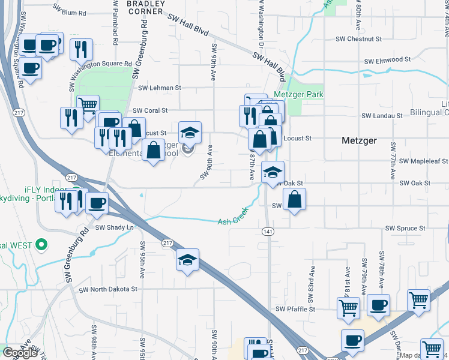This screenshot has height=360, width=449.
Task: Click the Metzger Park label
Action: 298,94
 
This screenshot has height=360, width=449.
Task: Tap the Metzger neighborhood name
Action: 359,140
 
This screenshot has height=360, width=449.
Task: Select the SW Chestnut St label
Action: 358,39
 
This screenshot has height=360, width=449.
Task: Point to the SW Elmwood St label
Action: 387,60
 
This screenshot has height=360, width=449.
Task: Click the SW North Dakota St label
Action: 109,289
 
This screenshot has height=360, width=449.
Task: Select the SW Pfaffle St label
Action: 295,309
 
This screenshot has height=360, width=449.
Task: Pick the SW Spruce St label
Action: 405,229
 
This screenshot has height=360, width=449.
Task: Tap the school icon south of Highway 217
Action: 187,260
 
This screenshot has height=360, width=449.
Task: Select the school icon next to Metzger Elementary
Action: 190,133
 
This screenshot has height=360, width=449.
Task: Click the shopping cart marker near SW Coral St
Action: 88,106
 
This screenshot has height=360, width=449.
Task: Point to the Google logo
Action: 19,353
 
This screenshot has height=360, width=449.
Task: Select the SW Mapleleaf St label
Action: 424,161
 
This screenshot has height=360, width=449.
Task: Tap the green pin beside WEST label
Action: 41,245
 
